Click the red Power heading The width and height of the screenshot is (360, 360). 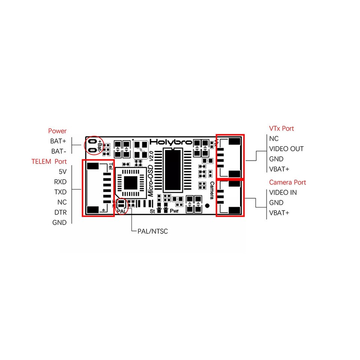click(x=57, y=131)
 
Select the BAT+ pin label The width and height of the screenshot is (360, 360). click(x=58, y=141)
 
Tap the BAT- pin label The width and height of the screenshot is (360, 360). click(x=59, y=151)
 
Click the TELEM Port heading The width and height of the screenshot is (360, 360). click(x=49, y=162)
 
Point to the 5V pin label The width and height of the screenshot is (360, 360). click(x=62, y=172)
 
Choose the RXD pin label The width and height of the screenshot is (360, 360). click(x=60, y=182)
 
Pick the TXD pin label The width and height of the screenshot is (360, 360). click(x=60, y=192)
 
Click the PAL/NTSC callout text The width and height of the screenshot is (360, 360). click(x=152, y=231)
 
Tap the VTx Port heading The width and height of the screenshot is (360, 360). click(x=281, y=129)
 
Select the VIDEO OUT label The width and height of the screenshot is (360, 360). click(x=286, y=149)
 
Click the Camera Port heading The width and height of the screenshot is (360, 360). click(x=287, y=182)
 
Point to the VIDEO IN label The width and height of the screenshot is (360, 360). click(x=283, y=192)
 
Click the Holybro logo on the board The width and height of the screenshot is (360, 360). click(x=171, y=142)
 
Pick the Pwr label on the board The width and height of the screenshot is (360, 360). click(x=174, y=211)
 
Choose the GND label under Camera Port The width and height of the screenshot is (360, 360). click(x=276, y=202)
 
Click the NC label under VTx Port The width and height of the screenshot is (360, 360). click(x=273, y=139)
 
